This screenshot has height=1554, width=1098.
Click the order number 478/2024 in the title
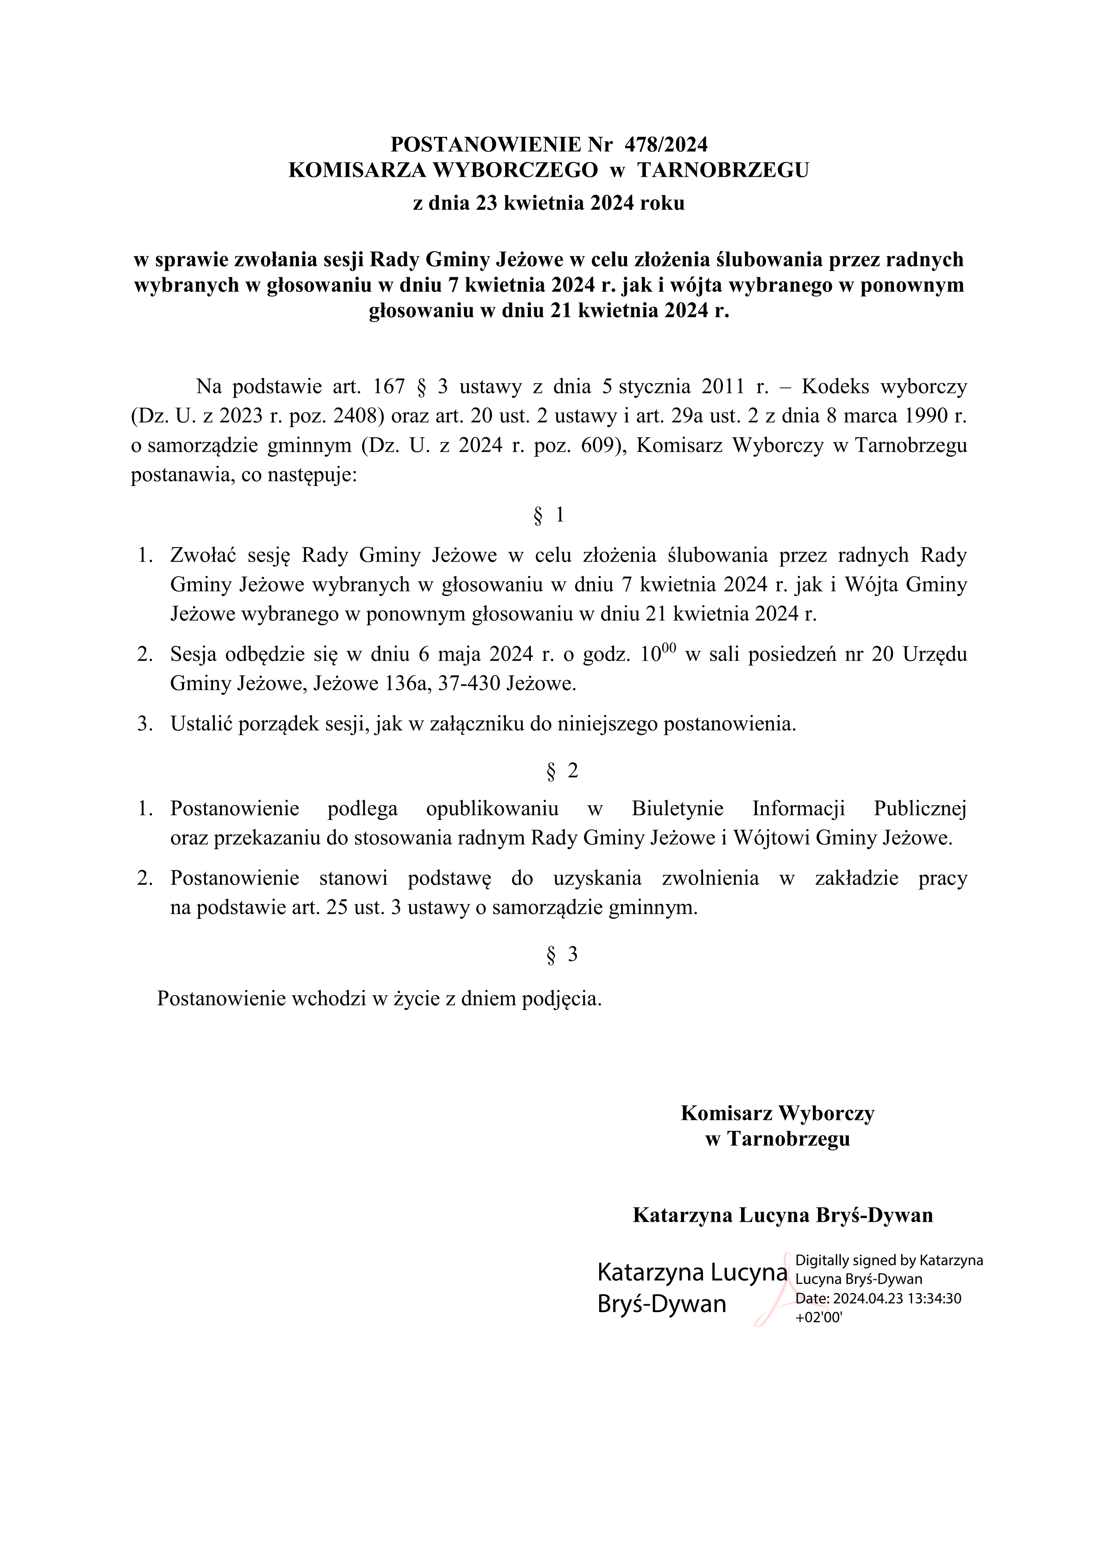click(x=666, y=144)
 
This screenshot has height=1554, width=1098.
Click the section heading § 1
click(x=549, y=516)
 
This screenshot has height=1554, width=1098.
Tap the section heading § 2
click(x=561, y=770)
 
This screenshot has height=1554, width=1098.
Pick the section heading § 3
click(x=561, y=954)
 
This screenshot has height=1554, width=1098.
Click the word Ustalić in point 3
click(x=201, y=724)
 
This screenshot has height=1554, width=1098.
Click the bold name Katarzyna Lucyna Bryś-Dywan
click(x=783, y=1215)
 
